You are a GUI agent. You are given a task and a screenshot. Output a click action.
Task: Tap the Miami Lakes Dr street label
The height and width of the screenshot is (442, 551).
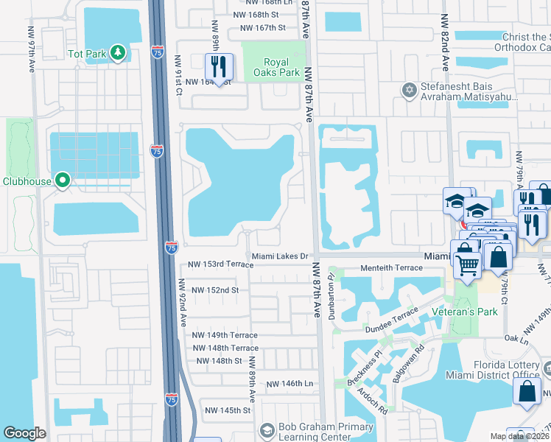click(x=278, y=256)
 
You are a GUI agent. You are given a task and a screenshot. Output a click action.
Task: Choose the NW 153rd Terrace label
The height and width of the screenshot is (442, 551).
click(x=220, y=264)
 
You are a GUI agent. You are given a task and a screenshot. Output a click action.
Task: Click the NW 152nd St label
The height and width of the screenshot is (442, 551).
click(x=215, y=290)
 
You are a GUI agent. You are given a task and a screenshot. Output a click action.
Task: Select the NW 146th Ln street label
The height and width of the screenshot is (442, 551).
click(x=289, y=384)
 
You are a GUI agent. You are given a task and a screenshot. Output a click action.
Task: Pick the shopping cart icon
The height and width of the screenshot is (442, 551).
click(x=467, y=266)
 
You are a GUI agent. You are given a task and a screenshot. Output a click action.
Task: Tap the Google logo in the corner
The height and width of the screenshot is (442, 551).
click(x=25, y=432)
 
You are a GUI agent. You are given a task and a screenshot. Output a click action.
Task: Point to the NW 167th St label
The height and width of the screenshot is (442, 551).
click(x=256, y=28)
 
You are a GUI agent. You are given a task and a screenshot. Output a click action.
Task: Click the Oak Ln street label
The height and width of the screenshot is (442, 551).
click(x=518, y=339)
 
